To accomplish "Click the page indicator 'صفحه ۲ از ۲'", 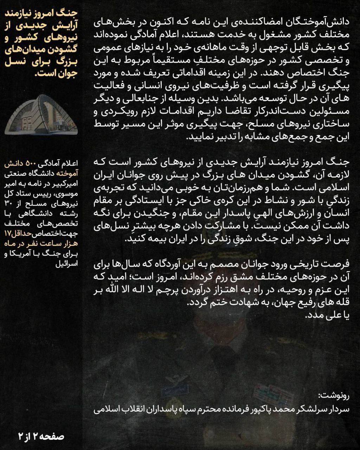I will [x=42, y=437].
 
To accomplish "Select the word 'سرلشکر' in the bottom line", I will [x=310, y=409].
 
